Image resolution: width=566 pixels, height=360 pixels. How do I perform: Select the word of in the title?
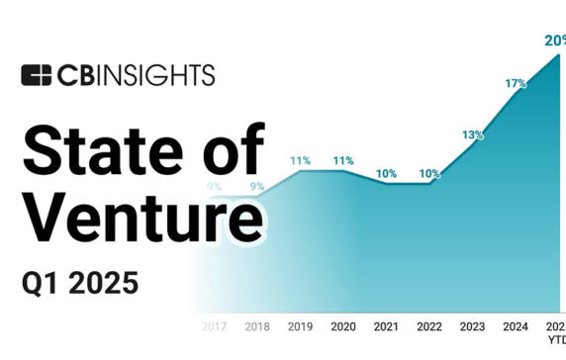click(x=236, y=151)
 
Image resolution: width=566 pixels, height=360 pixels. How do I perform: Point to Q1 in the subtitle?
click(x=44, y=284)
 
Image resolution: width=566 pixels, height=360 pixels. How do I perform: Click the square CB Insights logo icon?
click(x=36, y=75)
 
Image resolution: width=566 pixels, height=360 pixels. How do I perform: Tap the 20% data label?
click(x=555, y=40)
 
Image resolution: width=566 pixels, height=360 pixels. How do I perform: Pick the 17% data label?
click(x=516, y=84)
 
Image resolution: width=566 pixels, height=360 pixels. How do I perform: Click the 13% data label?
click(x=472, y=135)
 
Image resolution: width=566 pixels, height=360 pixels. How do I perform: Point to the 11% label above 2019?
click(x=301, y=160)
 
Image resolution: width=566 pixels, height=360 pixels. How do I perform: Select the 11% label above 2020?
click(x=343, y=160)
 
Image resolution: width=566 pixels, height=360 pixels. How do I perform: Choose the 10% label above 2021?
click(x=387, y=173)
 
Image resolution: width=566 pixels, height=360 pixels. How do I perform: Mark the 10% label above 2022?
click(x=429, y=173)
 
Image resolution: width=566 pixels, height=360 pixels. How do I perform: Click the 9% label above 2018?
click(x=257, y=186)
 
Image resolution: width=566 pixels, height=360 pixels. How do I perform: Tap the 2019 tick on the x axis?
click(x=301, y=325)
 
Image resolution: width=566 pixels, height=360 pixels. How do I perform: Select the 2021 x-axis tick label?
click(x=387, y=325)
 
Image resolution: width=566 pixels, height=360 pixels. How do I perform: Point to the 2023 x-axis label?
click(x=472, y=325)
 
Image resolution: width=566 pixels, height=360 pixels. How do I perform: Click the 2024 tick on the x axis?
click(x=516, y=325)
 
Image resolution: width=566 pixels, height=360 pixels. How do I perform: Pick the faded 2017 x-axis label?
click(x=215, y=325)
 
